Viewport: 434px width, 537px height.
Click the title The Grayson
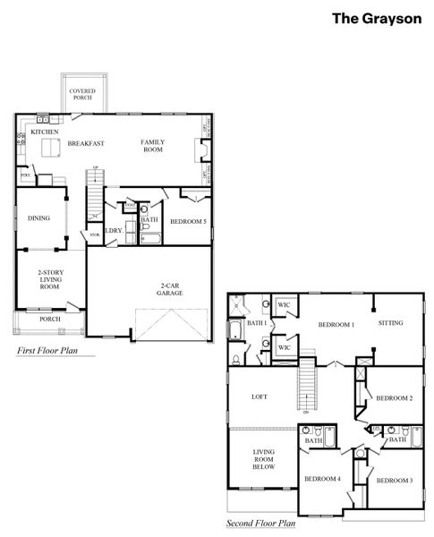pyautogui.click(x=376, y=18)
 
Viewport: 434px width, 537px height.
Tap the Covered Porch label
pyautogui.click(x=82, y=93)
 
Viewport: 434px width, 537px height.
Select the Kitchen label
pyautogui.click(x=45, y=132)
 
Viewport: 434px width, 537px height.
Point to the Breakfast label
pyautogui.click(x=86, y=143)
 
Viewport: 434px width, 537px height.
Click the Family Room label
pyautogui.click(x=154, y=145)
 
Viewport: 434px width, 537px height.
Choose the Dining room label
pyautogui.click(x=38, y=217)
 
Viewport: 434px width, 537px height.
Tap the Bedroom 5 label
pyautogui.click(x=189, y=221)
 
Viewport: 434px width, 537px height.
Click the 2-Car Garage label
pyautogui.click(x=169, y=288)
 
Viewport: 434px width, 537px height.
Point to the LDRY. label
pyautogui.click(x=113, y=231)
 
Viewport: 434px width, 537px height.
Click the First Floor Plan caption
pyautogui.click(x=55, y=352)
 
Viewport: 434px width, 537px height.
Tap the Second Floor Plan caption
pyautogui.click(x=260, y=523)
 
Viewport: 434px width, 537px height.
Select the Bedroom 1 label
pyautogui.click(x=336, y=324)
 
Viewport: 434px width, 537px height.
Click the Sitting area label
pyautogui.click(x=390, y=322)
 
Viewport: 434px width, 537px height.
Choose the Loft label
pyautogui.click(x=260, y=396)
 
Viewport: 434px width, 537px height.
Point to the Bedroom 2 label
pyautogui.click(x=393, y=397)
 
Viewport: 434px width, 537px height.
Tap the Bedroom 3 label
pyautogui.click(x=393, y=481)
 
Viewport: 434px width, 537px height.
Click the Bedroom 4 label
pyautogui.click(x=322, y=479)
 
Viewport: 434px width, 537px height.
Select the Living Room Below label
pyautogui.click(x=263, y=459)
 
